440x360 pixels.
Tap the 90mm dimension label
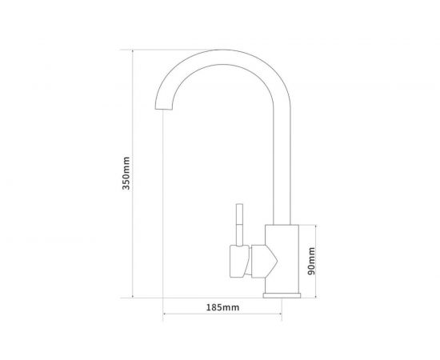312,262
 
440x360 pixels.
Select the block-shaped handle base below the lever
238,262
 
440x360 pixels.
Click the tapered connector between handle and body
262,262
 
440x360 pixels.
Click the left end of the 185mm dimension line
163,314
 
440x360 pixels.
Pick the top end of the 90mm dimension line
318,225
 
